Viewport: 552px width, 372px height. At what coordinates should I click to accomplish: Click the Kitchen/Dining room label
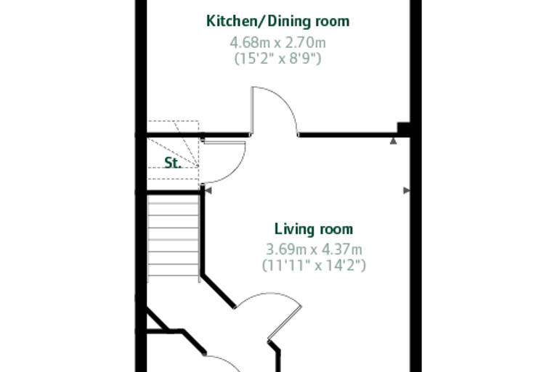[x=277, y=21]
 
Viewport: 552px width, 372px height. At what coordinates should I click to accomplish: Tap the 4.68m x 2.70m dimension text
[x=277, y=43]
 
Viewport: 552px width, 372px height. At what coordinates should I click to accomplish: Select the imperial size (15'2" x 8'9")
[x=277, y=58]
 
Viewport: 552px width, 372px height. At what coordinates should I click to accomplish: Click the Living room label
[x=314, y=229]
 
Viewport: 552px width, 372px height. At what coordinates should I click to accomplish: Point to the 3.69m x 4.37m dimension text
[x=314, y=249]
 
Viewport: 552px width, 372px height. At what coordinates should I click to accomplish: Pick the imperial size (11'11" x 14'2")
[x=314, y=265]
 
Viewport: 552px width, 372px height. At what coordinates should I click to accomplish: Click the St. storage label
[x=173, y=163]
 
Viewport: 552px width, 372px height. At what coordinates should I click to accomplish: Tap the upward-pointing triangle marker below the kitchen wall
[x=393, y=141]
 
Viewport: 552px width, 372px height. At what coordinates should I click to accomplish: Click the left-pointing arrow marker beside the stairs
[x=208, y=190]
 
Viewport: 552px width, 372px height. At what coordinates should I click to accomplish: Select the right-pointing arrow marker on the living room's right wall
[x=407, y=190]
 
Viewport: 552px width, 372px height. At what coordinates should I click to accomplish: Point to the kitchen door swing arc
[x=286, y=100]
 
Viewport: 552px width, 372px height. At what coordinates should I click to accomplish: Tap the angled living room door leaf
[x=285, y=323]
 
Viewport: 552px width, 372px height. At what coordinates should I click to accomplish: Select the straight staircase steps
[x=173, y=238]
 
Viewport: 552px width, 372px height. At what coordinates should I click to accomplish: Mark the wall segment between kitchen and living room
[x=347, y=134]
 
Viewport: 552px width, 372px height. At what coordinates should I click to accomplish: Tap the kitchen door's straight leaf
[x=252, y=110]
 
